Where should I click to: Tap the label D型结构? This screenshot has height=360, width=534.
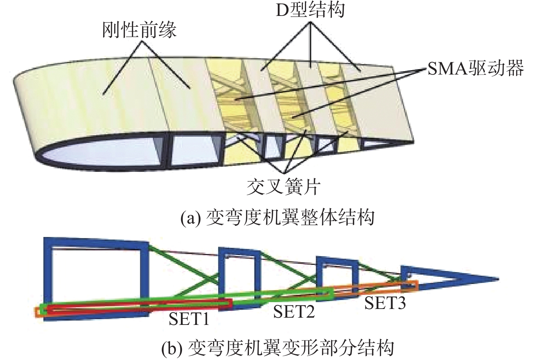pyautogui.click(x=310, y=10)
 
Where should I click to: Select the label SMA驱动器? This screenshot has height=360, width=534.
pyautogui.click(x=475, y=68)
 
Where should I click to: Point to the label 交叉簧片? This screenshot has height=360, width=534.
pyautogui.click(x=284, y=187)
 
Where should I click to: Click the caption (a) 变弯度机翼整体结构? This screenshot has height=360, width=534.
pyautogui.click(x=277, y=218)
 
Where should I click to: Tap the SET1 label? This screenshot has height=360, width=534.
pyautogui.click(x=189, y=319)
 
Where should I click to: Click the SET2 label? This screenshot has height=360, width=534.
pyautogui.click(x=294, y=311)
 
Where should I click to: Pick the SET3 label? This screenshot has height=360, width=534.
pyautogui.click(x=385, y=302)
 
